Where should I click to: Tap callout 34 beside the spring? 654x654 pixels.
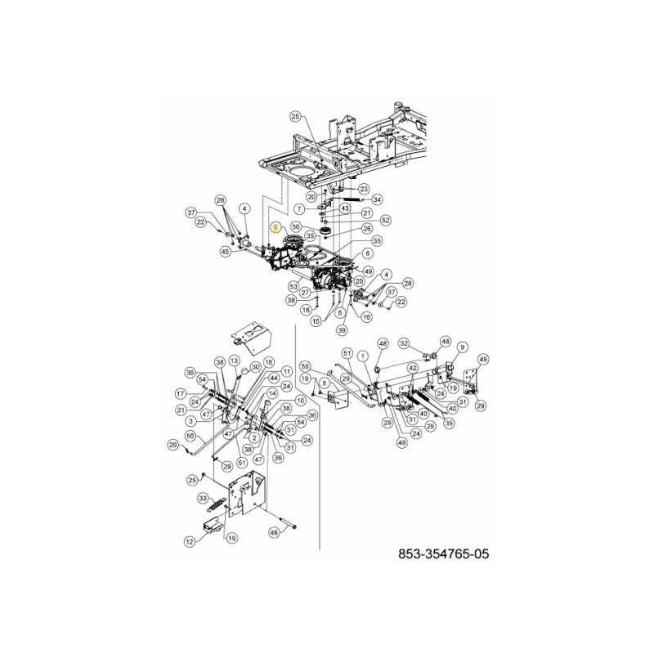[377, 199]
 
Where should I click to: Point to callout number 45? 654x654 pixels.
[225, 252]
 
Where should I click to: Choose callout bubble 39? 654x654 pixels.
[342, 329]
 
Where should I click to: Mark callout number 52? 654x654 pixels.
[386, 220]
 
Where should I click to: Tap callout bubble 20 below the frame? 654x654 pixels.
[311, 197]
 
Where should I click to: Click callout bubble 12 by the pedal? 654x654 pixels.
[189, 540]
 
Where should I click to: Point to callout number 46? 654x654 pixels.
[275, 532]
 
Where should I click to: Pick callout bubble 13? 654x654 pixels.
[234, 361]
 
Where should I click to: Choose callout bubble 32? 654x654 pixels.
[404, 343]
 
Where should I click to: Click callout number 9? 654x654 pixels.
[462, 347]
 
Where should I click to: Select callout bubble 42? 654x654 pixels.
[414, 368]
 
